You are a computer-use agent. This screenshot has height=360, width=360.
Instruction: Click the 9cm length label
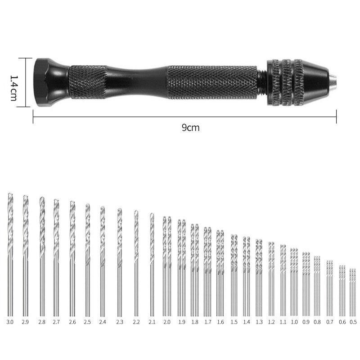click(x=190, y=128)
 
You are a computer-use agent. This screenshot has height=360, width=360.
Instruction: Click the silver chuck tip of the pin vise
click(x=334, y=82)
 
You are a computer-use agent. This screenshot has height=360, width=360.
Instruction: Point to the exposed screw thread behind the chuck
click(x=261, y=82)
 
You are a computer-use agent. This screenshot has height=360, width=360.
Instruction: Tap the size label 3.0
click(x=10, y=322)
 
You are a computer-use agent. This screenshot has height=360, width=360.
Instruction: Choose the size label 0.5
click(x=353, y=322)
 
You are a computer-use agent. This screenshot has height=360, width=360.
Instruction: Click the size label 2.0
click(x=167, y=322)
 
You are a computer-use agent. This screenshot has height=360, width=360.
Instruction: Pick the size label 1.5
click(x=234, y=322)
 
